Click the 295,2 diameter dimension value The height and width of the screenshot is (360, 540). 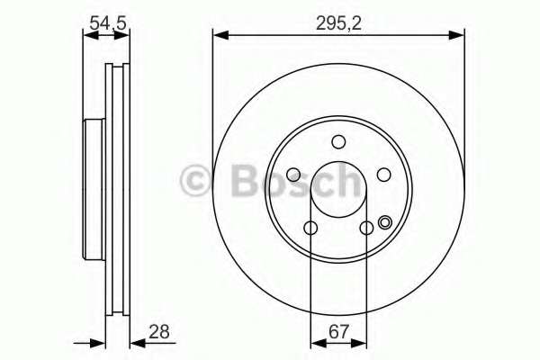338,23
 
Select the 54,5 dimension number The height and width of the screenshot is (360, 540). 108,23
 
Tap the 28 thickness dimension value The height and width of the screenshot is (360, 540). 159,332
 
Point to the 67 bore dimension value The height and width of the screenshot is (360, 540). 339,332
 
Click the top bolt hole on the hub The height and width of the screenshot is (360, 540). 338,141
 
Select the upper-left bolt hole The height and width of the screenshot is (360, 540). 293,175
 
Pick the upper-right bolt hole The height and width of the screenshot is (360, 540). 383,175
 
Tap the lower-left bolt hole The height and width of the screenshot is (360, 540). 310,228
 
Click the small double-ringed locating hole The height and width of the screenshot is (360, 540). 384,222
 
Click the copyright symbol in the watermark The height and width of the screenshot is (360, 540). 195,181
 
